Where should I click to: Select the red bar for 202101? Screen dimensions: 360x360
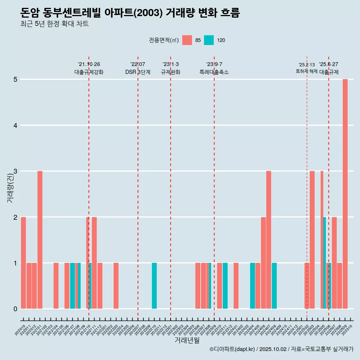[40, 240]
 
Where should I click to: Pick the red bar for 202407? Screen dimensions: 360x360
[268, 240]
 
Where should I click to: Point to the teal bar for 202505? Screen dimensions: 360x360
[324, 263]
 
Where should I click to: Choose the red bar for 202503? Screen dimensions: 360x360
[312, 240]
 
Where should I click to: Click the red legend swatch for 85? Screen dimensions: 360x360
[187, 40]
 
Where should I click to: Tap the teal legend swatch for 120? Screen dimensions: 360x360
[209, 40]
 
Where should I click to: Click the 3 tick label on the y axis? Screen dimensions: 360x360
[15, 171]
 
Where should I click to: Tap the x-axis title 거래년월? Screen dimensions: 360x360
[187, 340]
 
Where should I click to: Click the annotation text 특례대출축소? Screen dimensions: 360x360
[214, 72]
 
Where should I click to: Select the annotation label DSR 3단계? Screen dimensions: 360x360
[138, 72]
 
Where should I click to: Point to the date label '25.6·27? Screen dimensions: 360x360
[328, 64]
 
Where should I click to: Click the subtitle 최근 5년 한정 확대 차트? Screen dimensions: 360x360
[55, 24]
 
